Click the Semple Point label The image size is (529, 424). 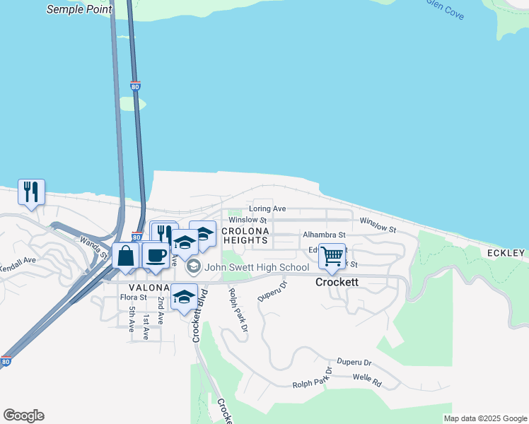[x=79, y=9]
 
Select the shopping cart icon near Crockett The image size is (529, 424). [x=332, y=256]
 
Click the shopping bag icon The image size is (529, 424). [x=126, y=256]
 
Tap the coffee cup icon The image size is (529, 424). [x=156, y=255]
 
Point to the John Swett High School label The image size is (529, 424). [x=256, y=267]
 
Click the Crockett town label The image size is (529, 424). [x=337, y=282]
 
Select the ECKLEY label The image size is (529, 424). [x=506, y=253]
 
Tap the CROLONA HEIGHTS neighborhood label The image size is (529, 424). [x=245, y=236]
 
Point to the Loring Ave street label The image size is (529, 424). [x=267, y=209]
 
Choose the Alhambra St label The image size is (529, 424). [x=323, y=235]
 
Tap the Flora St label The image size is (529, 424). [x=133, y=298]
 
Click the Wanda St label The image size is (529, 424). [x=93, y=247]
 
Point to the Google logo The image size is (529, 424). [x=23, y=416]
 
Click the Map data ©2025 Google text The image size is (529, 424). [x=485, y=418]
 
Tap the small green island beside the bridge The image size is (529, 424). [x=132, y=103]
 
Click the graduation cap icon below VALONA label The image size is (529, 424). [x=184, y=297]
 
